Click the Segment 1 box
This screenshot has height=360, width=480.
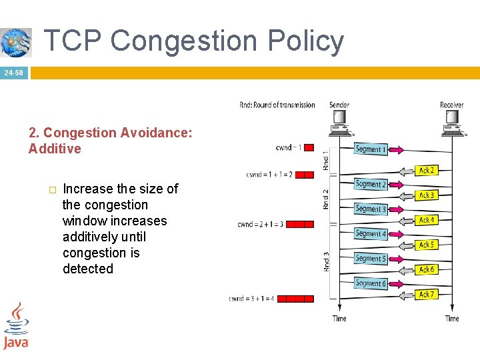coord(370,149)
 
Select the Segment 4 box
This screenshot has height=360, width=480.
coord(370,233)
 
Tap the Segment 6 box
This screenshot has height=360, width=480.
coord(370,283)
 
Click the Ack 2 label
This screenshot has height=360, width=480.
coord(427,171)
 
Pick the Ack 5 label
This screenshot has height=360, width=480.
coord(427,245)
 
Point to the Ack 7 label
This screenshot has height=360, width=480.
coord(427,294)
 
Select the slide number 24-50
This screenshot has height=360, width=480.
coord(13,72)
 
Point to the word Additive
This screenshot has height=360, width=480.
coord(55,149)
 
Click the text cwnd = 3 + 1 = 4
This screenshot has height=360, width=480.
coord(251,299)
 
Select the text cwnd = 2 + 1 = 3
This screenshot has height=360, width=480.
coord(260,225)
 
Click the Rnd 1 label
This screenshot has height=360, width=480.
coord(326,160)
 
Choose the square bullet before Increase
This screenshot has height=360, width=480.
coord(52,189)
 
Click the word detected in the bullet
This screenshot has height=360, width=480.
coord(88,269)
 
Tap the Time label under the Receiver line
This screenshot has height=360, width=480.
coord(452,319)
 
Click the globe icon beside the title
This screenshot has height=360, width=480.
coord(15,42)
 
